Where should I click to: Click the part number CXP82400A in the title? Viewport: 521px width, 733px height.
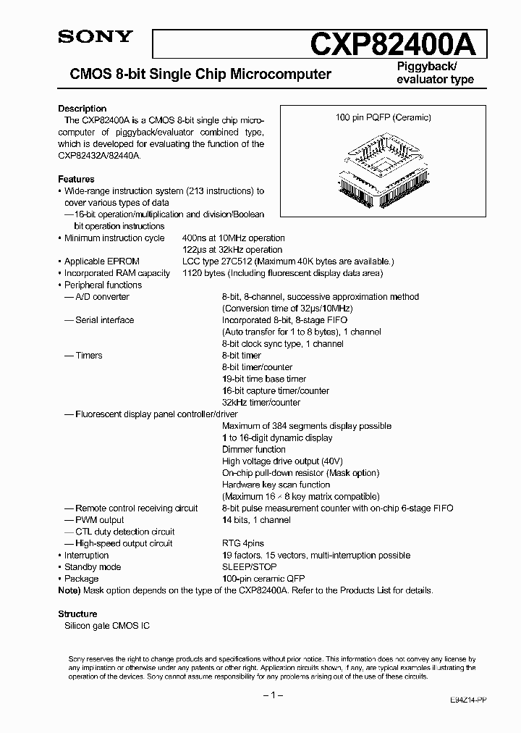coord(394,44)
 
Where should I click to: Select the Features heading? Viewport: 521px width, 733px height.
coord(76,179)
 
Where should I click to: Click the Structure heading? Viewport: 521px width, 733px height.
coord(77,614)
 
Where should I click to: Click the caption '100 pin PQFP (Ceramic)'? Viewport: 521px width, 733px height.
coord(384,117)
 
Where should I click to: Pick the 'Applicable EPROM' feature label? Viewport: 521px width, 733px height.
coord(101,261)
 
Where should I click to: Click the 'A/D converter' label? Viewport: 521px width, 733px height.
coord(102,297)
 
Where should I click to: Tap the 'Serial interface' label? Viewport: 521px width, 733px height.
coord(104,320)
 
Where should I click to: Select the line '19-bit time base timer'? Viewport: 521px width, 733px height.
coord(264,379)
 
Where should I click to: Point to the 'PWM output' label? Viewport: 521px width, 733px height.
coord(99,520)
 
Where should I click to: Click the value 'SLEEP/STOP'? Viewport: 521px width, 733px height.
coord(249,567)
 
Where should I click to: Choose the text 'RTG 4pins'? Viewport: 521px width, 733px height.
coord(243,543)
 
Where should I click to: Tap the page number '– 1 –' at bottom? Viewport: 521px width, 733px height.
coord(271,695)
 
